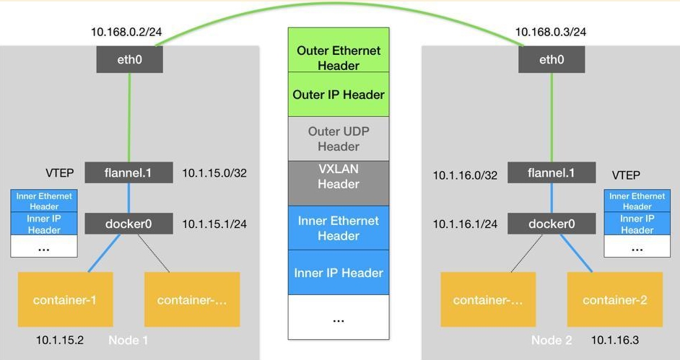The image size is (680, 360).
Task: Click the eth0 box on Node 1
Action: coord(130,59)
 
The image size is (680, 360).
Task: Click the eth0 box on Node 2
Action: coord(552,59)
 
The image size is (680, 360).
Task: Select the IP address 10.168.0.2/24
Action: coord(126,32)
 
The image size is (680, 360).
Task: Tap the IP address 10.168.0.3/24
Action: coord(550,32)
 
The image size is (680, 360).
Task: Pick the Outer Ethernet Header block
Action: coord(339,58)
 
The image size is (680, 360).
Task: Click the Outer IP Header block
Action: coord(339,95)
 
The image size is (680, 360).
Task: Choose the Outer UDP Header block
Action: coord(339,139)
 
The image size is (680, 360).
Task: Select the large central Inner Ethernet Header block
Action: coord(339,228)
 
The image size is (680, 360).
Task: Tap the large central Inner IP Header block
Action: coord(339,273)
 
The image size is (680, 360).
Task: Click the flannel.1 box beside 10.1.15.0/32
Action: coord(128,172)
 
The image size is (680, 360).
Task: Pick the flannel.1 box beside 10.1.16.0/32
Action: coord(552,172)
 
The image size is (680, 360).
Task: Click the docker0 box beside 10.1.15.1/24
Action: coord(128,224)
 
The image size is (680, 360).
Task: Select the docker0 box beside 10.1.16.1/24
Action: coord(552,224)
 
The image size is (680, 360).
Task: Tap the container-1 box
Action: coord(64,299)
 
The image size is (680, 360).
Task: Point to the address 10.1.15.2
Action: coord(60,339)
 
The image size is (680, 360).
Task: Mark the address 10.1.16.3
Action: coord(615,339)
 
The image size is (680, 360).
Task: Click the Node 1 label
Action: coord(128,339)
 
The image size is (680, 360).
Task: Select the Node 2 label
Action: coord(552,339)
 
